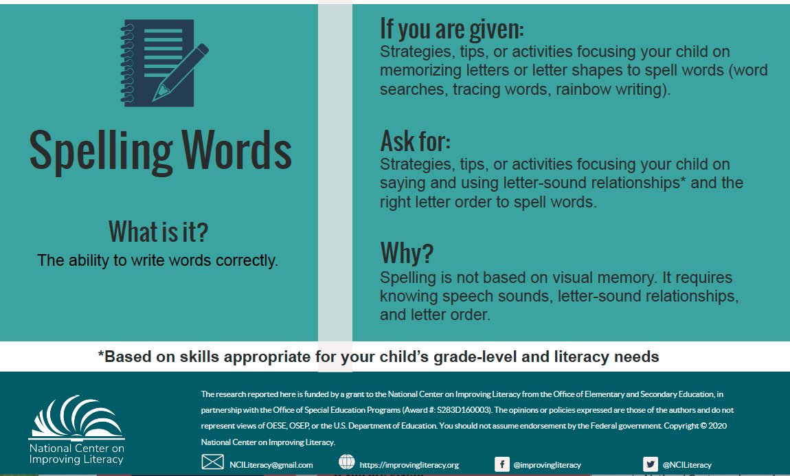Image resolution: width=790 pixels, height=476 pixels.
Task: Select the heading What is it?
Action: click(158, 233)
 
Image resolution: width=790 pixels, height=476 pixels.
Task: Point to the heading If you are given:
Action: click(451, 29)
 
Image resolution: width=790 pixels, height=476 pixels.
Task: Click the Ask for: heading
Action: click(415, 141)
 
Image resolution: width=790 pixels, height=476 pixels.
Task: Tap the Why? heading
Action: click(407, 253)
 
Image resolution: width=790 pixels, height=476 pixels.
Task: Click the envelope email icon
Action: click(212, 462)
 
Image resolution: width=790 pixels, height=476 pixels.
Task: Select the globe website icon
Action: click(347, 462)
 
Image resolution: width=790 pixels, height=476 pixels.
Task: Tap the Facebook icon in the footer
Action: click(502, 464)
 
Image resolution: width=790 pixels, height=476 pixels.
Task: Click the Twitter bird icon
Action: click(650, 464)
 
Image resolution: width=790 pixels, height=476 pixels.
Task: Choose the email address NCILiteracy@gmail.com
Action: click(271, 465)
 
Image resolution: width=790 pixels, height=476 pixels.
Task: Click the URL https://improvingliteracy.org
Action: click(409, 465)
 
